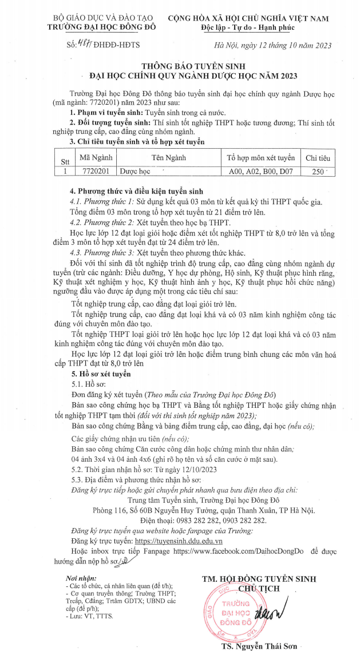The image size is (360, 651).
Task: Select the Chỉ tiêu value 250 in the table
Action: click(x=315, y=170)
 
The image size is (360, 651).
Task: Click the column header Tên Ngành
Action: click(x=168, y=157)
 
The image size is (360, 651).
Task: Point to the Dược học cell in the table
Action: click(x=134, y=170)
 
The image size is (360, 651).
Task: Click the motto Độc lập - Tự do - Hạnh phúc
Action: click(x=249, y=27)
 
